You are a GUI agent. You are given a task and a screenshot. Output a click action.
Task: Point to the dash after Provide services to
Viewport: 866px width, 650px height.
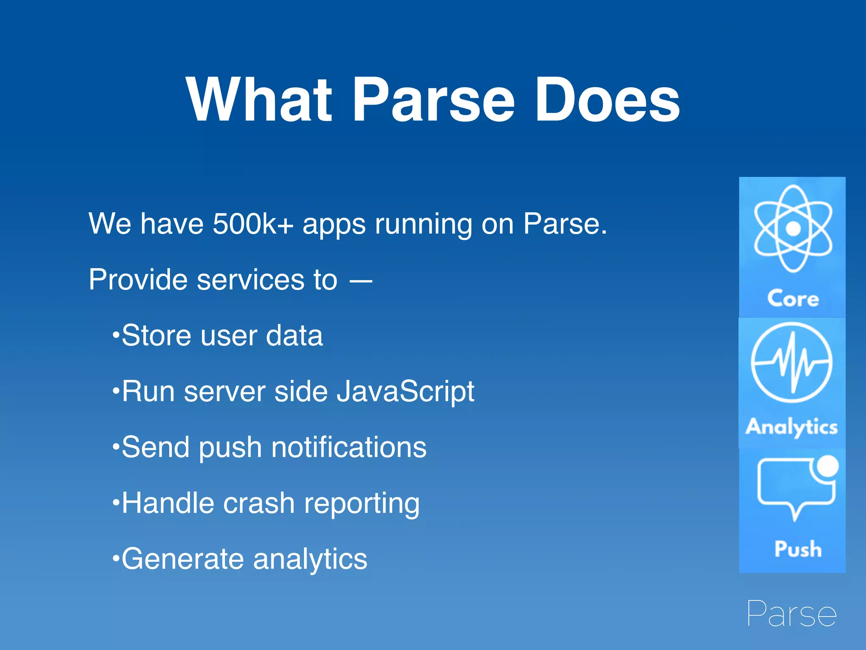[361, 280]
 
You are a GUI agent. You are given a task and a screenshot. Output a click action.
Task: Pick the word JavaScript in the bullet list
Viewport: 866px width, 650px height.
[406, 392]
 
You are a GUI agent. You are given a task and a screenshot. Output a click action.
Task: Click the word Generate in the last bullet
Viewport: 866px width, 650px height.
[182, 559]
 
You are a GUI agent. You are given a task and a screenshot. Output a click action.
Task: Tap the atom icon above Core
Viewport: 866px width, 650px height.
[793, 229]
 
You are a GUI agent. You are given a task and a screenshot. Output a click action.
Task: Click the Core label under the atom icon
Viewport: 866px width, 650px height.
[793, 298]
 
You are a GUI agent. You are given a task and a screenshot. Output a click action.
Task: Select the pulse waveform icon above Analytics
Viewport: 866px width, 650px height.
[792, 362]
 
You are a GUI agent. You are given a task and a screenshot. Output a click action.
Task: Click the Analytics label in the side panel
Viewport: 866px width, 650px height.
[791, 427]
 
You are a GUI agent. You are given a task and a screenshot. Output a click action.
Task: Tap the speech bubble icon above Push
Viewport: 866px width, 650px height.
[795, 487]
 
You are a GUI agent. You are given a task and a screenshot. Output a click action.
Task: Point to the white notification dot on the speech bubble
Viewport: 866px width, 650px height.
[827, 466]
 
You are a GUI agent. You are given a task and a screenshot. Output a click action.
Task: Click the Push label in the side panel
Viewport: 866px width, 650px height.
[797, 549]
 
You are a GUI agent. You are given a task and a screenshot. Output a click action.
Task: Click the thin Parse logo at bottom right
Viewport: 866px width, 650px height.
[791, 613]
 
